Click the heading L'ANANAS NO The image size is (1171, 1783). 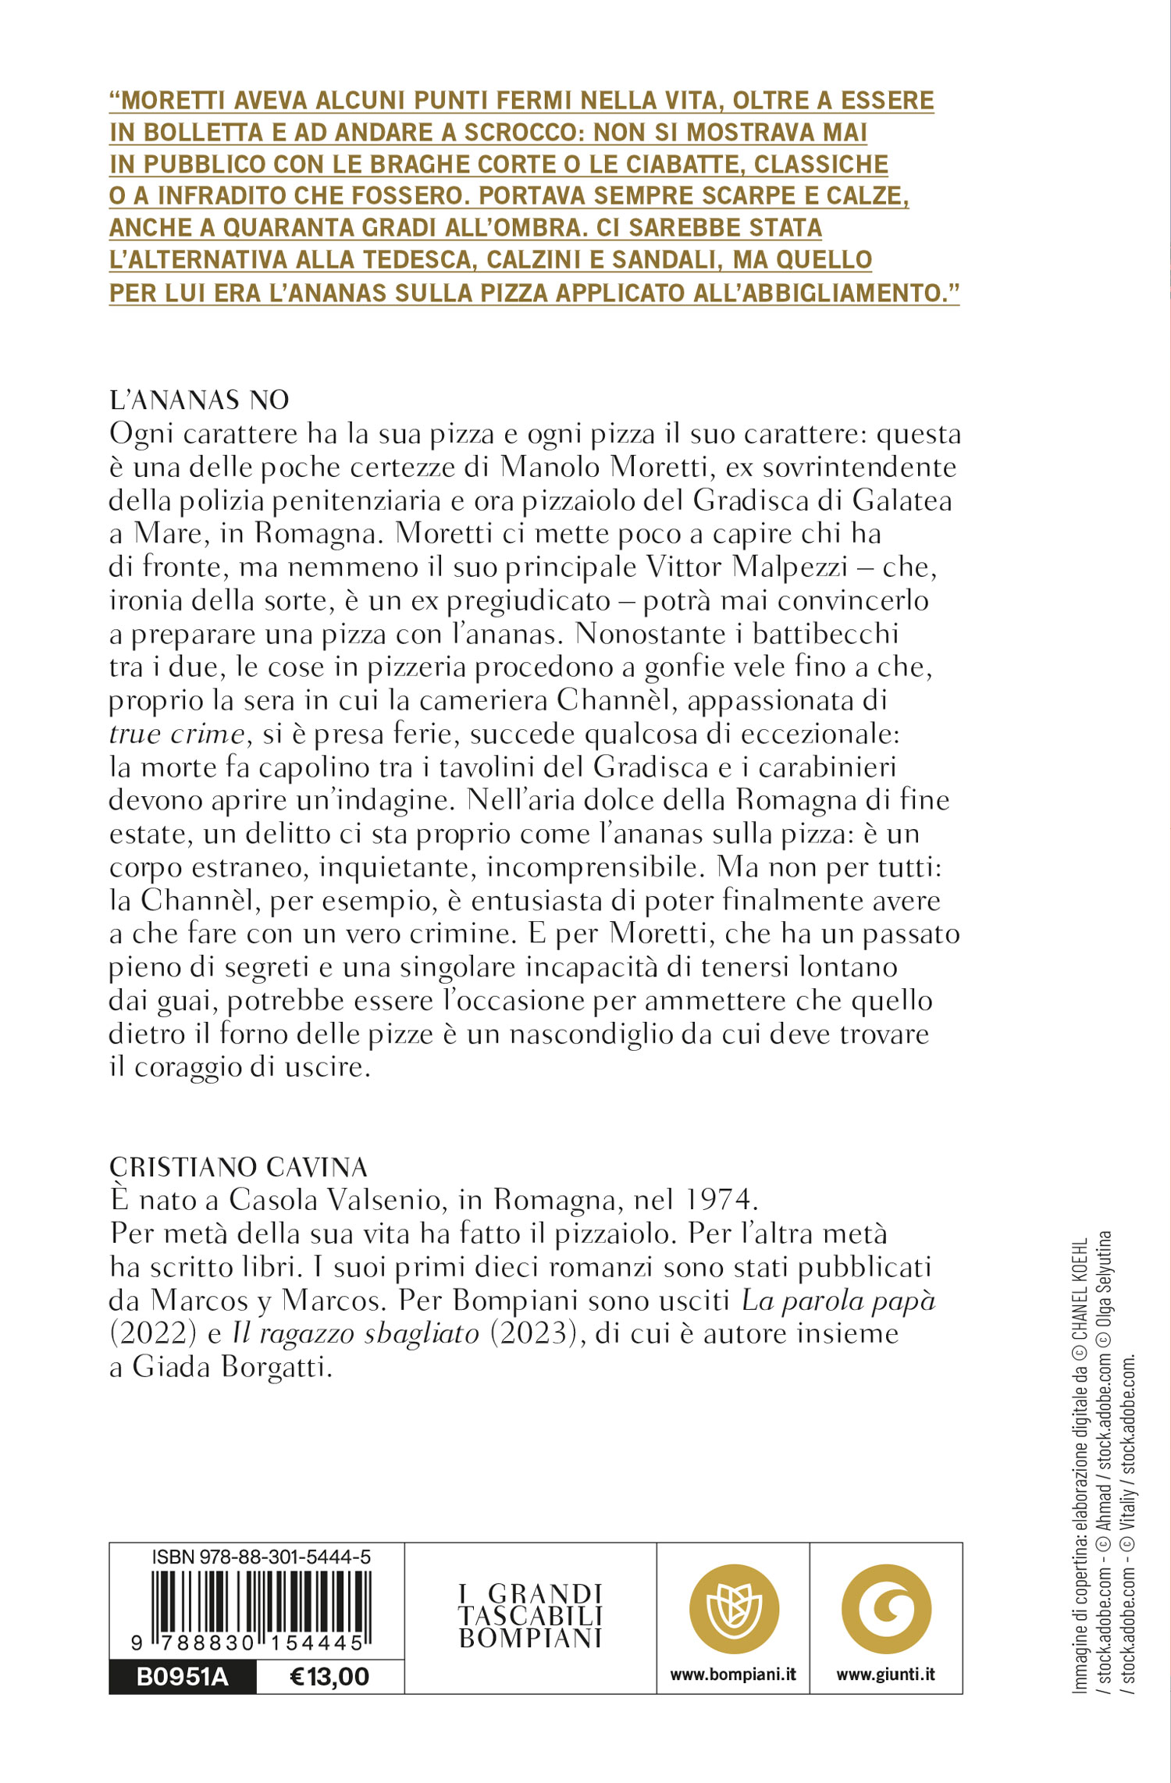point(199,400)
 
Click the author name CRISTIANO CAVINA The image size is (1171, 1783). point(238,1167)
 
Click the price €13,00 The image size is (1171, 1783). point(329,1676)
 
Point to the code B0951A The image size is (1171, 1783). point(183,1676)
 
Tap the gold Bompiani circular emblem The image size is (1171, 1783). point(734,1608)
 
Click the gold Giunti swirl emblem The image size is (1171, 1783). point(886,1608)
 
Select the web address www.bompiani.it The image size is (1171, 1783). point(733,1674)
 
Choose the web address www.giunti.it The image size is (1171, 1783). point(885,1674)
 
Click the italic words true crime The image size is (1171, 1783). point(176,735)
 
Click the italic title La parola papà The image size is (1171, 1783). point(838,1301)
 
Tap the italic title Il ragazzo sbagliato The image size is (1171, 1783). point(355,1334)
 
